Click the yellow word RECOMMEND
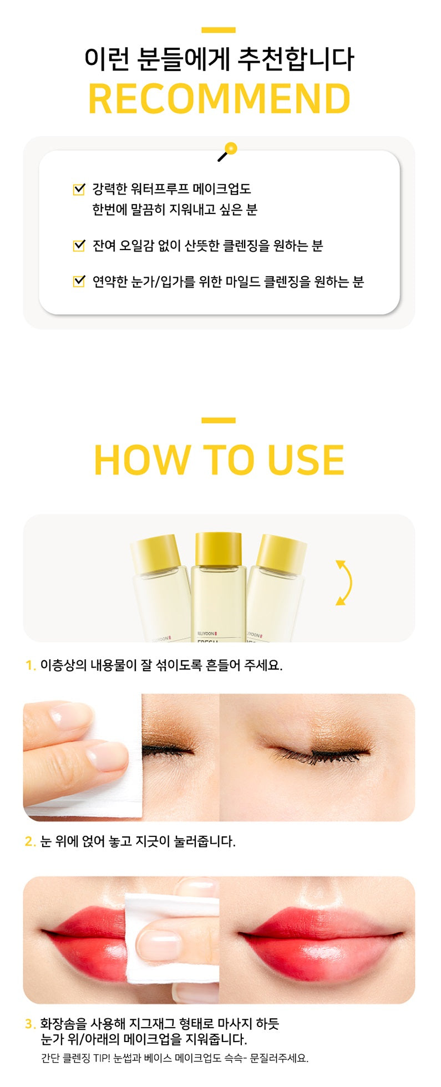(x=220, y=99)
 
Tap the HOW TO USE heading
(x=220, y=460)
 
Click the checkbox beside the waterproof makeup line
(x=79, y=189)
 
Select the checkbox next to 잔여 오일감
(x=79, y=245)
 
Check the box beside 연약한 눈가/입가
(x=79, y=281)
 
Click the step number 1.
(x=30, y=665)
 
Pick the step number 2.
(x=30, y=841)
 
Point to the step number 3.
(x=30, y=1024)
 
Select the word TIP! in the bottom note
(x=102, y=1058)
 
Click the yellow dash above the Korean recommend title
(x=219, y=30)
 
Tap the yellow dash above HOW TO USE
(x=219, y=420)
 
